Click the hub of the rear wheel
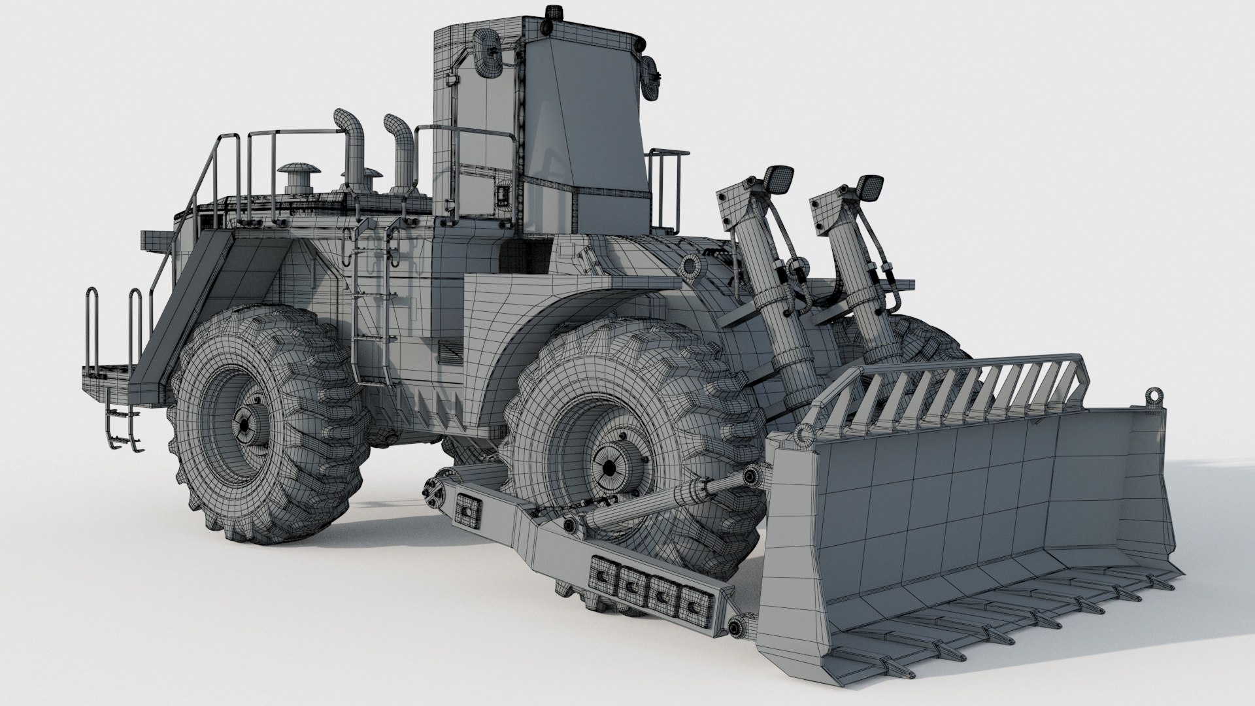tap(244, 424)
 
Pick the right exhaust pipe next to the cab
tap(403, 150)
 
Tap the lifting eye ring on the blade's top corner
tap(1154, 395)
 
